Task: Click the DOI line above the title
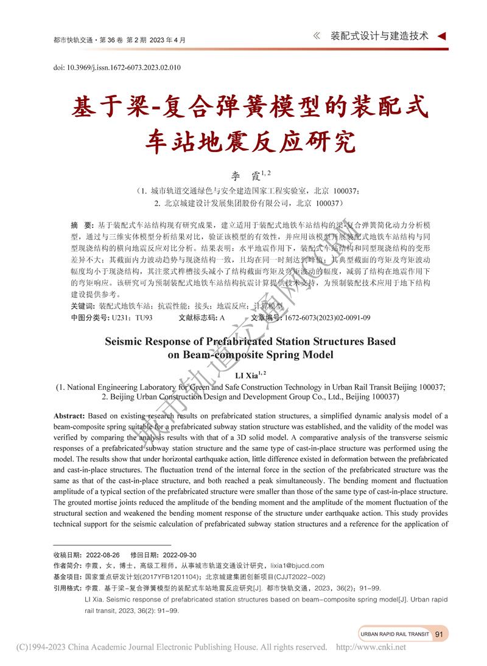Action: (116, 67)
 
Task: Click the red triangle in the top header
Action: (442, 36)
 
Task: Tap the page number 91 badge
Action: (439, 634)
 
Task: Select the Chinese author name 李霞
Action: (247, 176)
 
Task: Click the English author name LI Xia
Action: (247, 375)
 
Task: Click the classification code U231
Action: (120, 317)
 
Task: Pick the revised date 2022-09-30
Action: (163, 555)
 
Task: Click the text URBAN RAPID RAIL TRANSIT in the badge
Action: (394, 634)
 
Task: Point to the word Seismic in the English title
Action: (125, 342)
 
